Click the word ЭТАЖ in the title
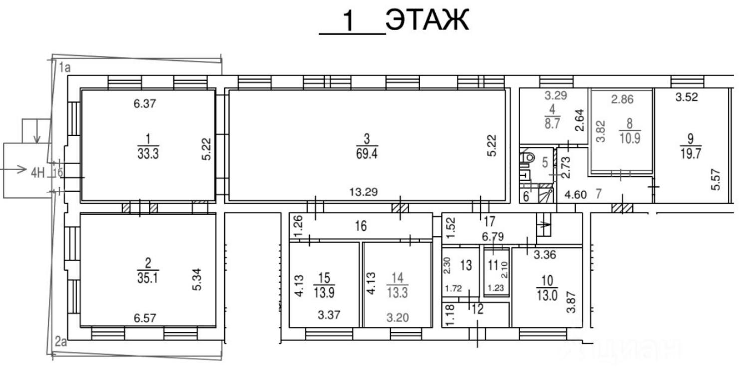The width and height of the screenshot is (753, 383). [x=427, y=20]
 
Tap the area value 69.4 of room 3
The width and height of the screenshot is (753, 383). [x=367, y=154]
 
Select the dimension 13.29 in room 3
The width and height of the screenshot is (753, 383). [x=363, y=192]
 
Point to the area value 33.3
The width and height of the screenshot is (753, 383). [x=148, y=154]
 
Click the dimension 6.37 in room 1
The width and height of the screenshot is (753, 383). [x=145, y=103]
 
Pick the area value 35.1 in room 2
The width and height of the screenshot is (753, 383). [x=148, y=278]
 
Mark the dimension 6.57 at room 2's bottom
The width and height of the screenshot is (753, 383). [x=145, y=318]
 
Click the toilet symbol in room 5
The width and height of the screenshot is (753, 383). [x=527, y=157]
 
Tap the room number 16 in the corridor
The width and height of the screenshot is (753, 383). [x=361, y=226]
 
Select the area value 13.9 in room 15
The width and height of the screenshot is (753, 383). [x=324, y=292]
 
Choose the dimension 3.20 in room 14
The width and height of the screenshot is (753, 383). [x=397, y=318]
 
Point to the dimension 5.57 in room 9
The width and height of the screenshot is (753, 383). [x=716, y=179]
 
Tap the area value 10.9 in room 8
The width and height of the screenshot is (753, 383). [x=630, y=138]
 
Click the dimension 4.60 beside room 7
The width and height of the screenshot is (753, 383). [x=575, y=194]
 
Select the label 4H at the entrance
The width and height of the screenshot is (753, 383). [x=38, y=173]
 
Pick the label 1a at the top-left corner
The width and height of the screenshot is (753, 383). [x=65, y=68]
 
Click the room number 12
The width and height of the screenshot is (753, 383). [x=478, y=309]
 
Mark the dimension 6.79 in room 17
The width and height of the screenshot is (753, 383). [x=493, y=237]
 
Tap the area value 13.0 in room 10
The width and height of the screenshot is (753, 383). [x=547, y=295]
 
